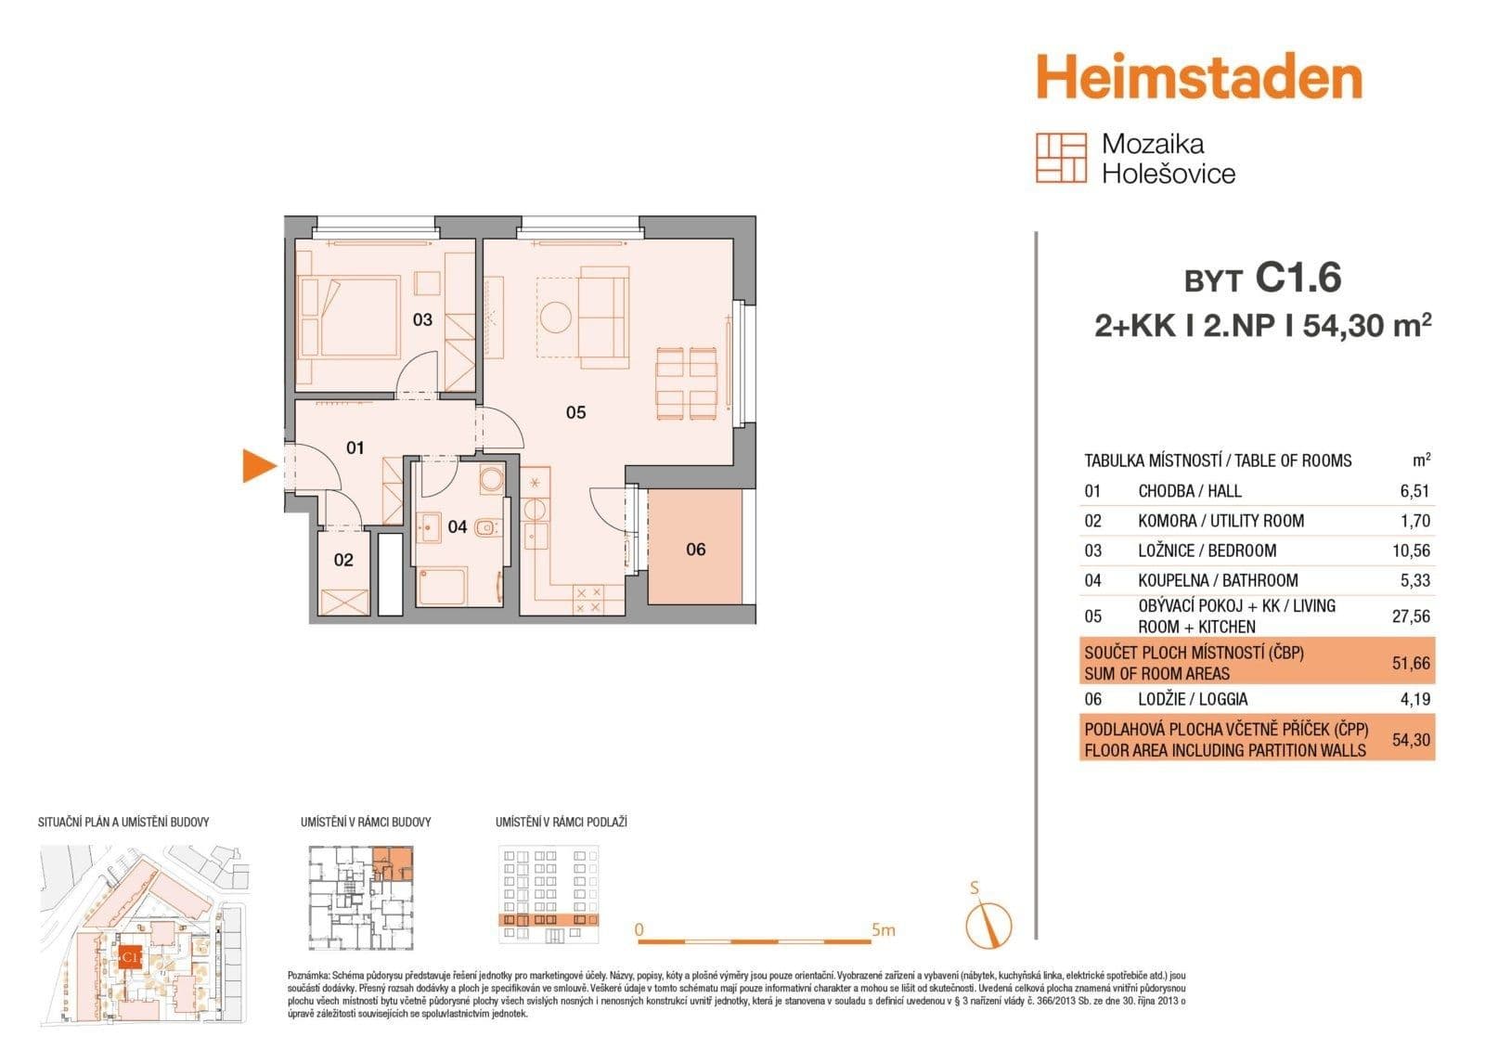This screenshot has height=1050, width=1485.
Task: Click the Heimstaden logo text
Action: [1198, 78]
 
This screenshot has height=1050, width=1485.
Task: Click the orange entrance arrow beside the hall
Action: [258, 465]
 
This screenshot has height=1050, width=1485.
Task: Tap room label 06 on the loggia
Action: [696, 550]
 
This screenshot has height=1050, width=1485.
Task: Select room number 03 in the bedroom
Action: [422, 320]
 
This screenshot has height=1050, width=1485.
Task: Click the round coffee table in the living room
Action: [557, 317]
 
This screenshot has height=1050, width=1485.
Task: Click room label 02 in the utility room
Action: [343, 560]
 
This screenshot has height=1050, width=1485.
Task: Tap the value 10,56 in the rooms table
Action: [1411, 551]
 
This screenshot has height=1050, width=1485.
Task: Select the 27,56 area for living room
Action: [1411, 616]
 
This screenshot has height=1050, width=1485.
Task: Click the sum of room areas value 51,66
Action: [1411, 663]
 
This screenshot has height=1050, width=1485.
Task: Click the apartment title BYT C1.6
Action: [1263, 278]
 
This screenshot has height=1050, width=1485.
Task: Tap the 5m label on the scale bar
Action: [883, 929]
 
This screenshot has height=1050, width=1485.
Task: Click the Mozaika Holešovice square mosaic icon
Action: [1061, 158]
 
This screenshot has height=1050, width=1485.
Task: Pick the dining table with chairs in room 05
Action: [687, 382]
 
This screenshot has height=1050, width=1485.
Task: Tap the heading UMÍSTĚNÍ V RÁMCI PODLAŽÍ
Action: [561, 823]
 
